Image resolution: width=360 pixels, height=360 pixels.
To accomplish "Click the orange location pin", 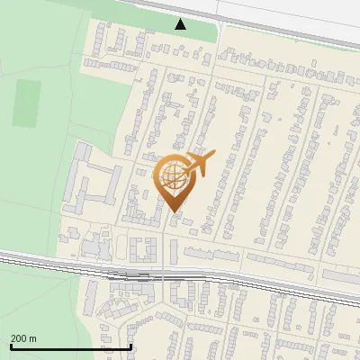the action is [173, 180].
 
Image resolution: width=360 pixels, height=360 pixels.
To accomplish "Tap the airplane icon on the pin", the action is [201, 164].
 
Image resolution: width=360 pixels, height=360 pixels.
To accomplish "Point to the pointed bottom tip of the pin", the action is [173, 210].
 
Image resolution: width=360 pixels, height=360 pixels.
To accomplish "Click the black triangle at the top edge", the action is [181, 24].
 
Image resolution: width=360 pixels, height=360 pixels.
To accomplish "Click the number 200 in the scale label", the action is [18, 338].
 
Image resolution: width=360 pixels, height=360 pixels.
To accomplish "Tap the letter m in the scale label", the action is [32, 338].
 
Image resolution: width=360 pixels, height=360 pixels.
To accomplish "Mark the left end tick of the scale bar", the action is [10, 346].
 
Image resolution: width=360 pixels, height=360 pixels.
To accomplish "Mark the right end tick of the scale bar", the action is [131, 346].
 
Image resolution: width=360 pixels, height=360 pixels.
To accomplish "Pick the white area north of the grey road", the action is [288, 13].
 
